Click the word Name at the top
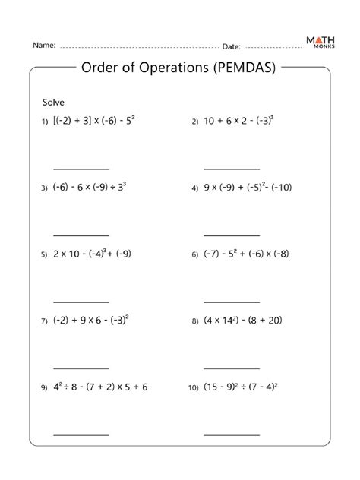pyautogui.click(x=43, y=46)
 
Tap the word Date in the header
pyautogui.click(x=231, y=46)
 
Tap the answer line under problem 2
pyautogui.click(x=232, y=168)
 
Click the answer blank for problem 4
pyautogui.click(x=232, y=234)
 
